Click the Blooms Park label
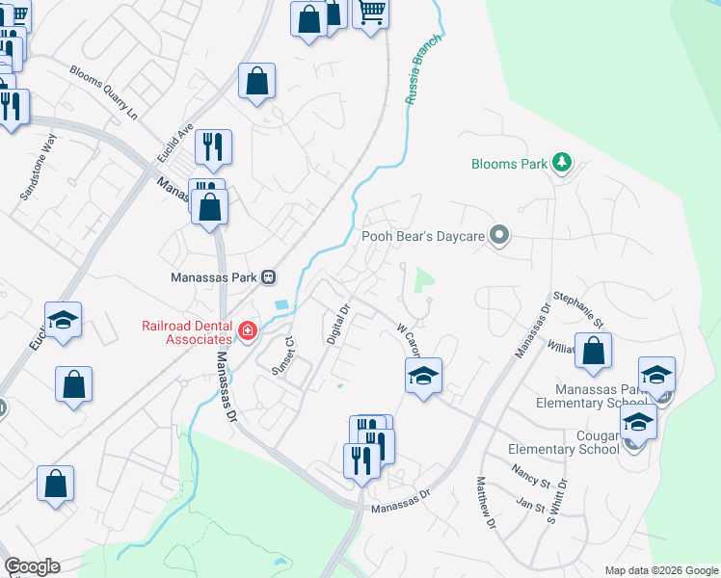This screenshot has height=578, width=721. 509,164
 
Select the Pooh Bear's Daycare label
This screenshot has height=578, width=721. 422,235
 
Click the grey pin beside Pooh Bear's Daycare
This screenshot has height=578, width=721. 498,235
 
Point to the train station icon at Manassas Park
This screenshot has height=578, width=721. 269,276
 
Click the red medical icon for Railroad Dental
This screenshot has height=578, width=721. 248,332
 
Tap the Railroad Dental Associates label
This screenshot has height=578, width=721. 188,331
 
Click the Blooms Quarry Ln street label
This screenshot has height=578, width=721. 104,92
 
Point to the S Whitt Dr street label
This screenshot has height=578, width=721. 553,501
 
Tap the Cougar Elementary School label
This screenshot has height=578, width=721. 564,442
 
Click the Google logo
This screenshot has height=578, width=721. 32,566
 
